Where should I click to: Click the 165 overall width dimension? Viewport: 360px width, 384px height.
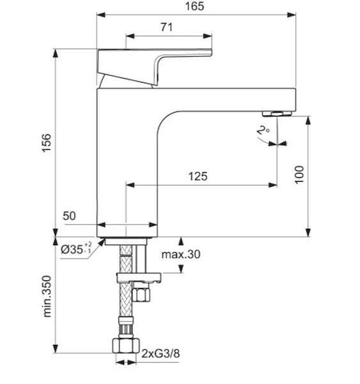[x=194, y=6]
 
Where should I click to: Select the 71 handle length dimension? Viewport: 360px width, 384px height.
[x=167, y=27]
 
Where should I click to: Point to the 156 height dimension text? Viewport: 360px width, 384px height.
[x=47, y=143]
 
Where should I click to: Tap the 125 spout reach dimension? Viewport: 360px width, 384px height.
[x=198, y=177]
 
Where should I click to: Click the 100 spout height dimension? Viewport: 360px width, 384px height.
[x=299, y=175]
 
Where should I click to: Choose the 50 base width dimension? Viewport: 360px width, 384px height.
[x=69, y=216]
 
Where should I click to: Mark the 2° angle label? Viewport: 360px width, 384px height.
[x=263, y=130]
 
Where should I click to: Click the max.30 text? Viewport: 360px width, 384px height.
[x=181, y=255]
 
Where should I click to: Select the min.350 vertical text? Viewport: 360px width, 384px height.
[x=47, y=296]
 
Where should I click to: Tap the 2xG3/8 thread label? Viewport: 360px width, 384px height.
[x=160, y=354]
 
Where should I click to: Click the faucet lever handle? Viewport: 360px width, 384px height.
[x=155, y=67]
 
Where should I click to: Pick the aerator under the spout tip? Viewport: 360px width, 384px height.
[x=277, y=113]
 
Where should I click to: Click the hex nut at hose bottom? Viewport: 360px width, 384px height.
[x=126, y=346]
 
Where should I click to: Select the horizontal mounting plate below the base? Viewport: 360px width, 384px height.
[x=139, y=278]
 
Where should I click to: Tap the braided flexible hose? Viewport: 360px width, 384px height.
[x=126, y=282]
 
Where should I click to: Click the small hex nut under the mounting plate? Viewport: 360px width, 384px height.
[x=141, y=294]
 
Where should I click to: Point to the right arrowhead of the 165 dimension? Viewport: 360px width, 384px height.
[x=291, y=15]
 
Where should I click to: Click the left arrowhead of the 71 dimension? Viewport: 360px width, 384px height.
[x=130, y=36]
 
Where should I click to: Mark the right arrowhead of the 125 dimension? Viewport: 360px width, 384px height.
[x=272, y=185]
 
